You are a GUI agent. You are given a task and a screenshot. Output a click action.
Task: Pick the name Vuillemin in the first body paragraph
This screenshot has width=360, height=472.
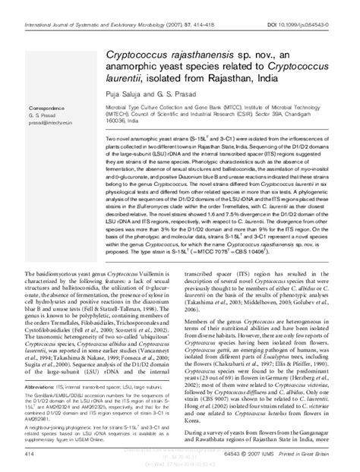point(146,272)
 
